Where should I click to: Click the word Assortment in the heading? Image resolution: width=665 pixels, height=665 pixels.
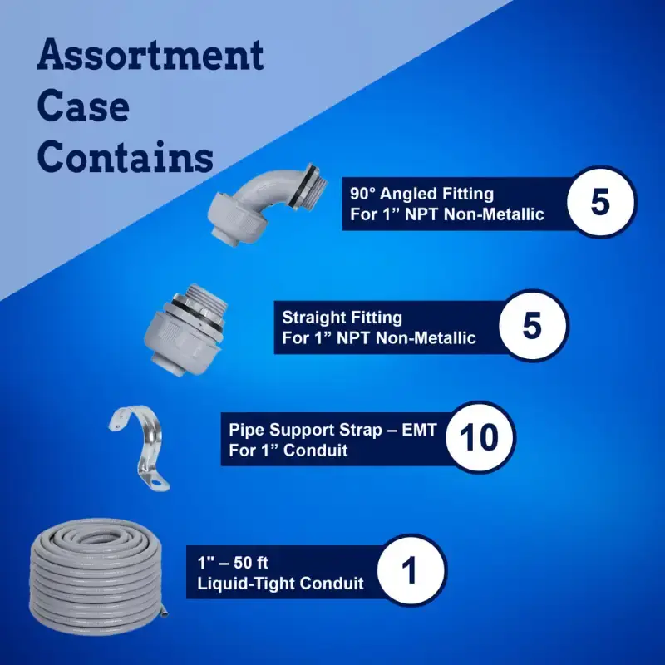click(x=150, y=54)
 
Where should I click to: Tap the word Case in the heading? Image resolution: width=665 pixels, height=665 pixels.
click(x=83, y=106)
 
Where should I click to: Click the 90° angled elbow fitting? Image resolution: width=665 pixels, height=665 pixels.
click(x=265, y=203)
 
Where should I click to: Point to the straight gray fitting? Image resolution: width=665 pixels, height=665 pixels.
click(x=185, y=329)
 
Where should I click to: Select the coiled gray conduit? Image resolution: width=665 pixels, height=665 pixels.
click(x=99, y=577)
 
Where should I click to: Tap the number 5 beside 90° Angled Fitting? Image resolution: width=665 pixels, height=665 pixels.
click(x=599, y=202)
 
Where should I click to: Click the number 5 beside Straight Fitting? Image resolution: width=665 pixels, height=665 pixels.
click(x=532, y=326)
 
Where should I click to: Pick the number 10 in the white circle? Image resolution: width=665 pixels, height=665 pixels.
click(x=480, y=437)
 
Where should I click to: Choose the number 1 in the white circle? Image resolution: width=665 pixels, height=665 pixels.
click(x=409, y=570)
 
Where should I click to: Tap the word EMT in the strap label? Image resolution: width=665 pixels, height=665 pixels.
click(x=419, y=430)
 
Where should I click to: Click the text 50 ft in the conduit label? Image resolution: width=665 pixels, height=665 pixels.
click(x=251, y=563)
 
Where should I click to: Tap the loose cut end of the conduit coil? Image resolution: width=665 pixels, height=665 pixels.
click(x=165, y=611)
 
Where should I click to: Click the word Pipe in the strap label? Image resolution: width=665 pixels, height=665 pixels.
click(x=245, y=430)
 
